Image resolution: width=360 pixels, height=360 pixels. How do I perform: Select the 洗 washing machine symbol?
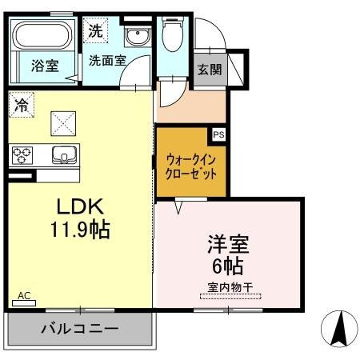(95, 34)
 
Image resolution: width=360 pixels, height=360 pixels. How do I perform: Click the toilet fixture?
(171, 36)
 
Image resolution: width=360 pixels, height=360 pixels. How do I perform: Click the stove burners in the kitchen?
(23, 154)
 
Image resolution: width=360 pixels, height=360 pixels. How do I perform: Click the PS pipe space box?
(218, 134)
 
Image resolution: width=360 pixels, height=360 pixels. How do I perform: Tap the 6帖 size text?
(229, 265)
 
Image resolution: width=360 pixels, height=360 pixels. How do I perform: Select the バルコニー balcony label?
(79, 328)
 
